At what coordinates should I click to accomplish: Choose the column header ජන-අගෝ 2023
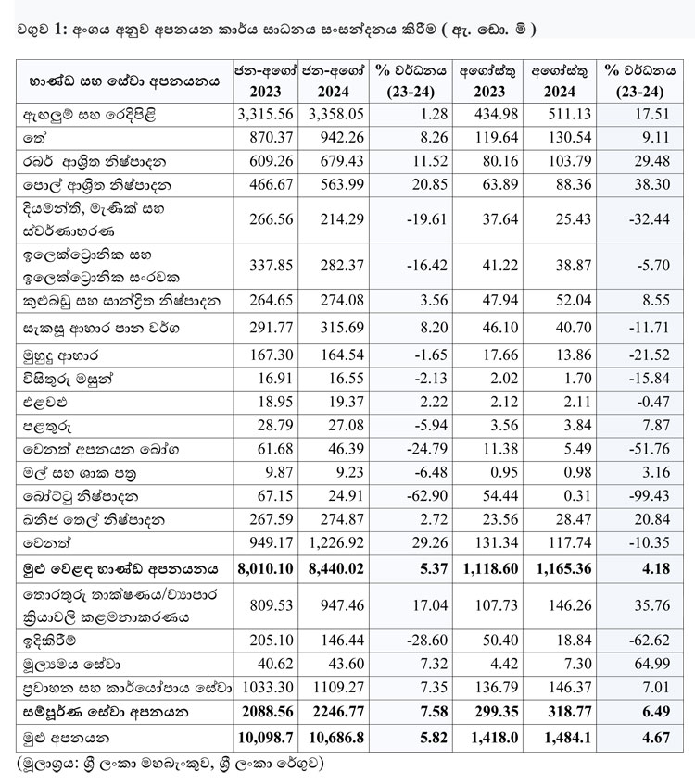pyautogui.click(x=265, y=80)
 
